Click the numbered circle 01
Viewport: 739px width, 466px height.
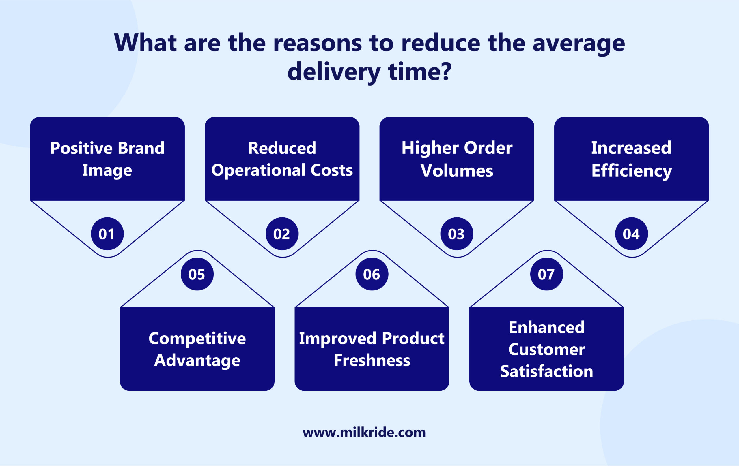click(x=107, y=234)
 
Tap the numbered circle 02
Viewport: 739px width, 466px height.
click(x=282, y=234)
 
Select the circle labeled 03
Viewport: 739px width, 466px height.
click(x=457, y=234)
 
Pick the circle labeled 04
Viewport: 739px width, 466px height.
click(x=631, y=234)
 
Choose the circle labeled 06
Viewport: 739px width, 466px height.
click(x=372, y=274)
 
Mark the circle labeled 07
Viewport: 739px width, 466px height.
click(x=546, y=274)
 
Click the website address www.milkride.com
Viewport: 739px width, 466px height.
click(x=364, y=433)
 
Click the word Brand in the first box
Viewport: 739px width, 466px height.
click(x=141, y=148)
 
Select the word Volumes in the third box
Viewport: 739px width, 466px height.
click(x=457, y=171)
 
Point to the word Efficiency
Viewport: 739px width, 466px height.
click(x=632, y=171)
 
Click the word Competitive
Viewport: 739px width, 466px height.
click(x=197, y=339)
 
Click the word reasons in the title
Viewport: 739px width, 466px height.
click(x=317, y=43)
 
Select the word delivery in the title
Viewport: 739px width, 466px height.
click(x=334, y=72)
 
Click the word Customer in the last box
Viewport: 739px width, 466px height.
click(x=546, y=349)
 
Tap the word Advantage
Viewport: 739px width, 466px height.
click(x=197, y=360)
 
